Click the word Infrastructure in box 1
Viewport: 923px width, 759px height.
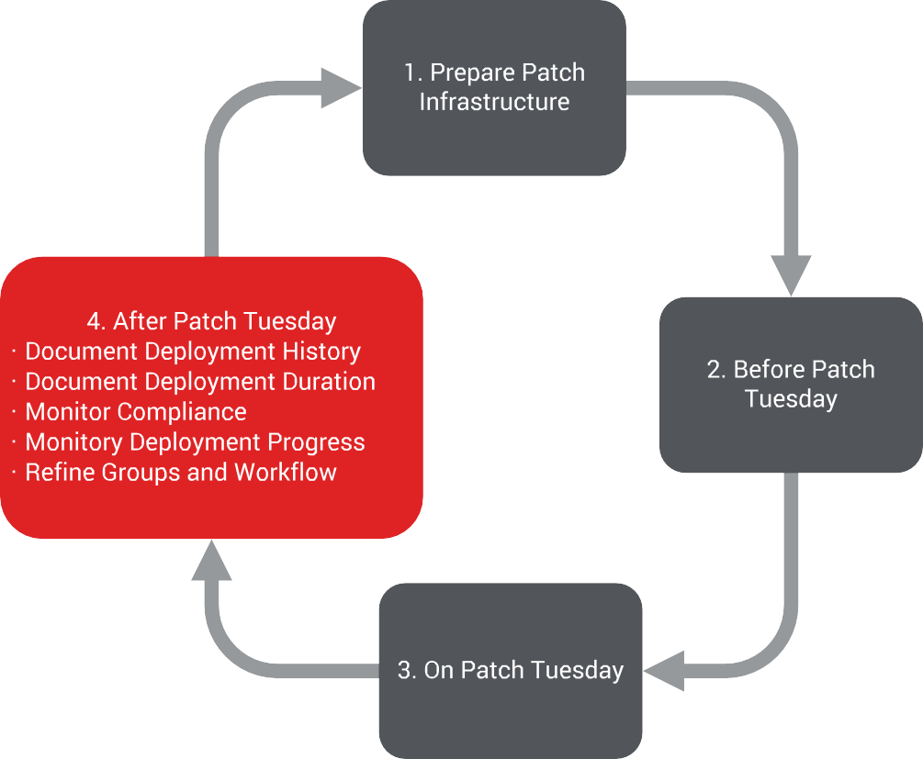coord(494,102)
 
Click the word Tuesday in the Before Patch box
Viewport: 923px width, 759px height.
coord(791,399)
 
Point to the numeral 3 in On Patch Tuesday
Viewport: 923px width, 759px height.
coord(405,670)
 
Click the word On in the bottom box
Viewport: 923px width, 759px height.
coord(439,670)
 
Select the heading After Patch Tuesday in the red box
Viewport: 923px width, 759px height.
coord(225,322)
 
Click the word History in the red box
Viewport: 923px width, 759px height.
coord(321,352)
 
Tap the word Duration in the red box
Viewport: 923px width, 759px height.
coord(329,382)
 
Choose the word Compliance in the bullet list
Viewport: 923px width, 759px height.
coord(182,412)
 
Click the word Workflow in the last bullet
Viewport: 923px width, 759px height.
coord(286,473)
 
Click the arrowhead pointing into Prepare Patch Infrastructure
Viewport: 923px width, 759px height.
coord(342,88)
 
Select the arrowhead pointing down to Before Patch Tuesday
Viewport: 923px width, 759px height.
coord(791,275)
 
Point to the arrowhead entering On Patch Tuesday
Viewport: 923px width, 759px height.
coord(664,671)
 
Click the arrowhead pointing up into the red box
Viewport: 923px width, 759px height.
coord(211,560)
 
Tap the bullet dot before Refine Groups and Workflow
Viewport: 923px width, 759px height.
coord(14,473)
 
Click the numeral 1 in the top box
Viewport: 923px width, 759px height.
coord(411,73)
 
